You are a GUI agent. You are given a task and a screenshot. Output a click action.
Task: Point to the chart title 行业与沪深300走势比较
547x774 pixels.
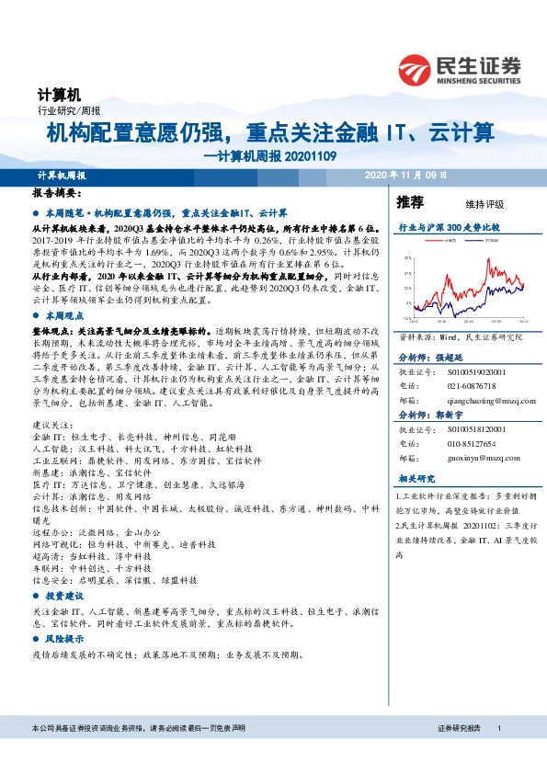point(448,225)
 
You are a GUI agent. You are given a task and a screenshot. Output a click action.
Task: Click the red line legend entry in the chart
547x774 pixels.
point(446,241)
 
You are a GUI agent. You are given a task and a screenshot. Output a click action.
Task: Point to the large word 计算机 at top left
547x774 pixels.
point(60,95)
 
